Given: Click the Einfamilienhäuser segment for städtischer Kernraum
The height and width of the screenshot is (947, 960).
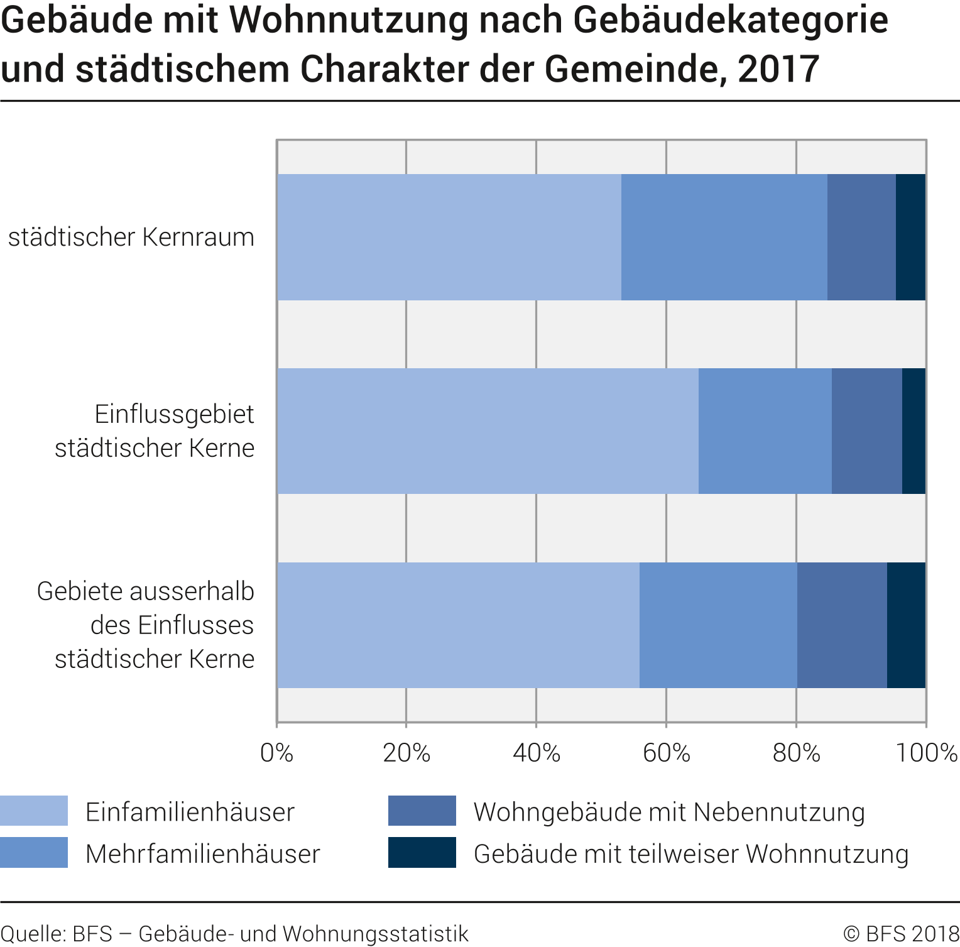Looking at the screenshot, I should [x=449, y=237].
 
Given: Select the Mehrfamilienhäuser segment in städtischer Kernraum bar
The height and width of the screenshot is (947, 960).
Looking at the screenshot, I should [x=724, y=237].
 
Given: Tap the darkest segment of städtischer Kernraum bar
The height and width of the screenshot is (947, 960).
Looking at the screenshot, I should [x=910, y=237].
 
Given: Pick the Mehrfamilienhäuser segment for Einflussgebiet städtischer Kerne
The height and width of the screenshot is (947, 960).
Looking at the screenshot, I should [x=765, y=431].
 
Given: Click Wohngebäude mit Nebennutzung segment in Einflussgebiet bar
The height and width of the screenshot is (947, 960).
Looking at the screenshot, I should [x=866, y=431].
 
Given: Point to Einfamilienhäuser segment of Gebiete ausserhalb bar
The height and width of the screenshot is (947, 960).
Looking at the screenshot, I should [x=458, y=625].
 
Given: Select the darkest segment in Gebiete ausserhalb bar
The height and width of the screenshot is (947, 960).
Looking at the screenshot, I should [x=906, y=625].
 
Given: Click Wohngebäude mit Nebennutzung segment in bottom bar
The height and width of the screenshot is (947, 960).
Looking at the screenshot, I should [x=842, y=625].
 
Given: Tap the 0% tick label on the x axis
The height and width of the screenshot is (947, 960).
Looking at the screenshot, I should [x=276, y=753].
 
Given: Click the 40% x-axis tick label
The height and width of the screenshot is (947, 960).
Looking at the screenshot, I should [x=536, y=753].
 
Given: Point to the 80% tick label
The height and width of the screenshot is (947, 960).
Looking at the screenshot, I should [x=796, y=753].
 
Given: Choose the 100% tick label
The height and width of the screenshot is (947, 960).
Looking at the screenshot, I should [x=926, y=753].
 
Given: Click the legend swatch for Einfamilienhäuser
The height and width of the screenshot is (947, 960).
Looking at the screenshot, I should [x=34, y=811].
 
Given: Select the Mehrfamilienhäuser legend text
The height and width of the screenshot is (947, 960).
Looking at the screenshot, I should [x=202, y=854].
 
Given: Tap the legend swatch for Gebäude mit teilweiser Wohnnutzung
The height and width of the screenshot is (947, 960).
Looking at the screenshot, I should [x=422, y=853].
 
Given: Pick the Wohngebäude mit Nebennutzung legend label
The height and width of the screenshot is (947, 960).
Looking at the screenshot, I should [x=669, y=812].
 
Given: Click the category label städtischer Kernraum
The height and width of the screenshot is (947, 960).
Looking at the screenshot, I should [x=131, y=238].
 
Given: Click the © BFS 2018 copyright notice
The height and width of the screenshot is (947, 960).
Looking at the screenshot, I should [x=900, y=934].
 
